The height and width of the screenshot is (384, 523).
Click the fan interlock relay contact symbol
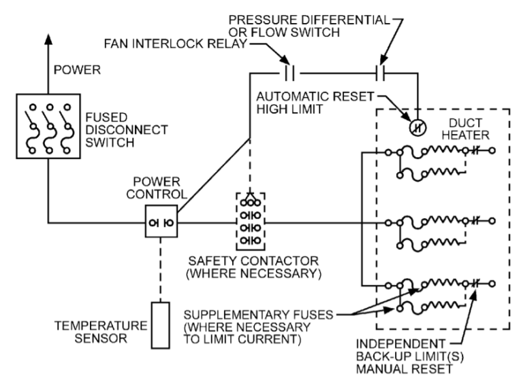click(289, 71)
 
